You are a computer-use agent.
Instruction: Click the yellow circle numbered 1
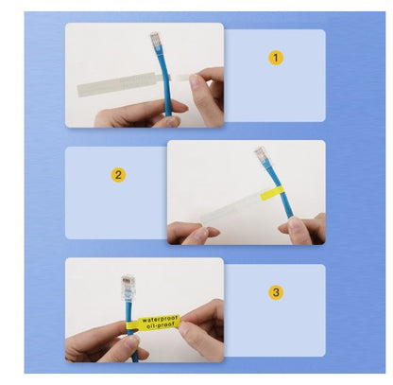click(276, 58)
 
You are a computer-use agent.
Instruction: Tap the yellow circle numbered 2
click(118, 175)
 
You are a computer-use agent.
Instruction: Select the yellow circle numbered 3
click(276, 292)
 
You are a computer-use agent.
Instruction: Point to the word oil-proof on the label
click(159, 329)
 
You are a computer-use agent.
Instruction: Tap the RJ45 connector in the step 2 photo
click(262, 157)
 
